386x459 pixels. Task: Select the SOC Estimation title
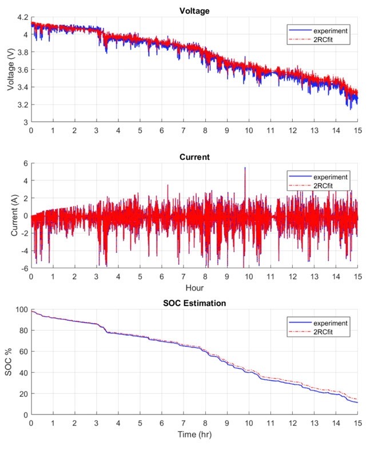pos(194,303)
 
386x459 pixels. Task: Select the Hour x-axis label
pos(194,288)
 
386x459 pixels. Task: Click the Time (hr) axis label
pos(194,434)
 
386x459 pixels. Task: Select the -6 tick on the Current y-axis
pos(23,268)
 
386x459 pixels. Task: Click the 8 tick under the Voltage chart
pos(205,130)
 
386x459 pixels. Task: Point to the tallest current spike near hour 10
pos(245,168)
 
